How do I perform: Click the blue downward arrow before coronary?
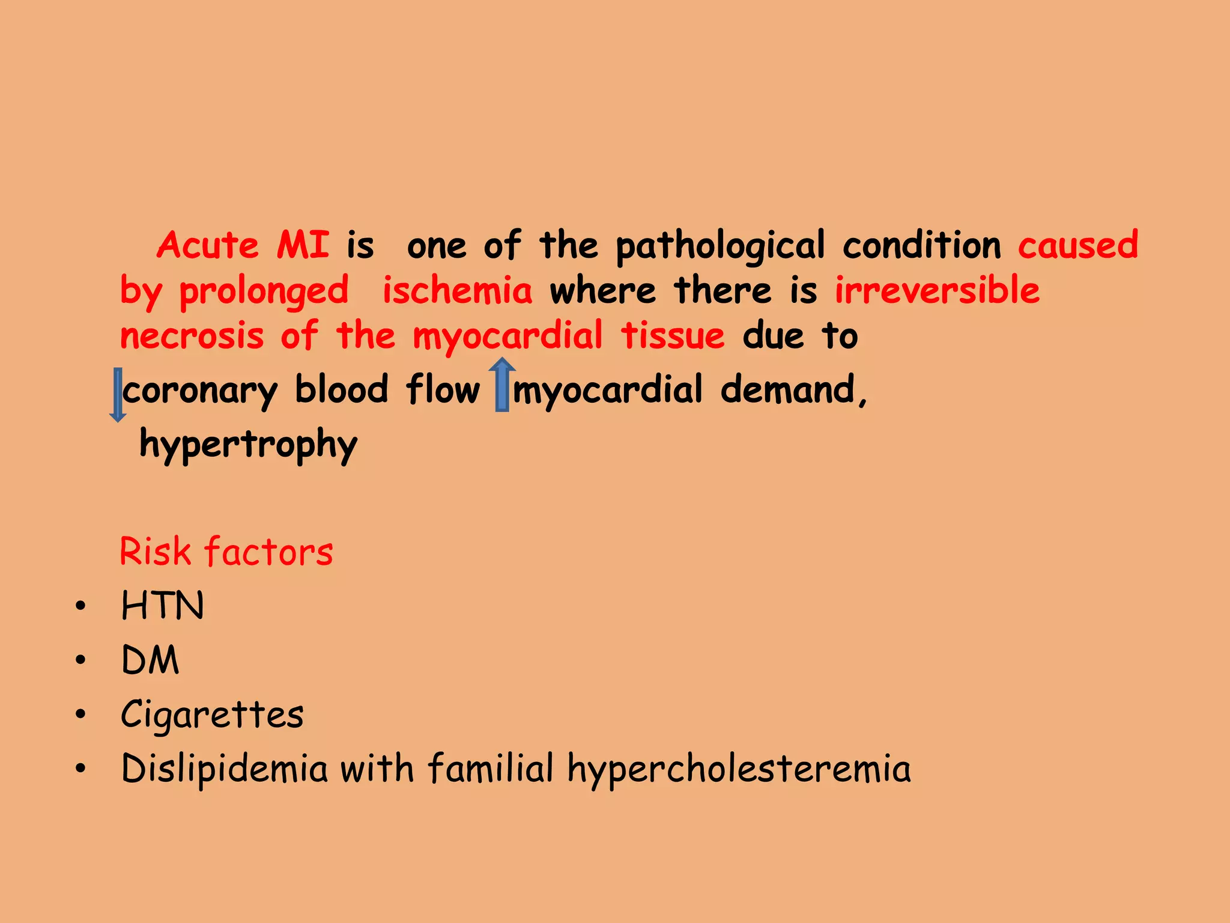(x=118, y=394)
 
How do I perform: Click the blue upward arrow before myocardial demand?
(x=502, y=385)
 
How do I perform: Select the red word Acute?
(x=208, y=245)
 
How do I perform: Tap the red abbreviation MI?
(x=303, y=245)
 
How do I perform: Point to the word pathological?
(x=720, y=246)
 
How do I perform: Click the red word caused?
(x=1078, y=245)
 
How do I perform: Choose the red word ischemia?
(x=457, y=291)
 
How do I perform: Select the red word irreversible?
(x=938, y=290)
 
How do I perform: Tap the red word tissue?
(x=673, y=336)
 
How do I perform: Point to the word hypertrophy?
(x=249, y=445)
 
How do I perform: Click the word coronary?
(x=200, y=391)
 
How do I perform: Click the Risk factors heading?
(x=226, y=552)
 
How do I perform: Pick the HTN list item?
(x=163, y=605)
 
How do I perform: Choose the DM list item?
(x=150, y=660)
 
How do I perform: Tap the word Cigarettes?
(x=213, y=714)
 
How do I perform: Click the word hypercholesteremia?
(x=739, y=770)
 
